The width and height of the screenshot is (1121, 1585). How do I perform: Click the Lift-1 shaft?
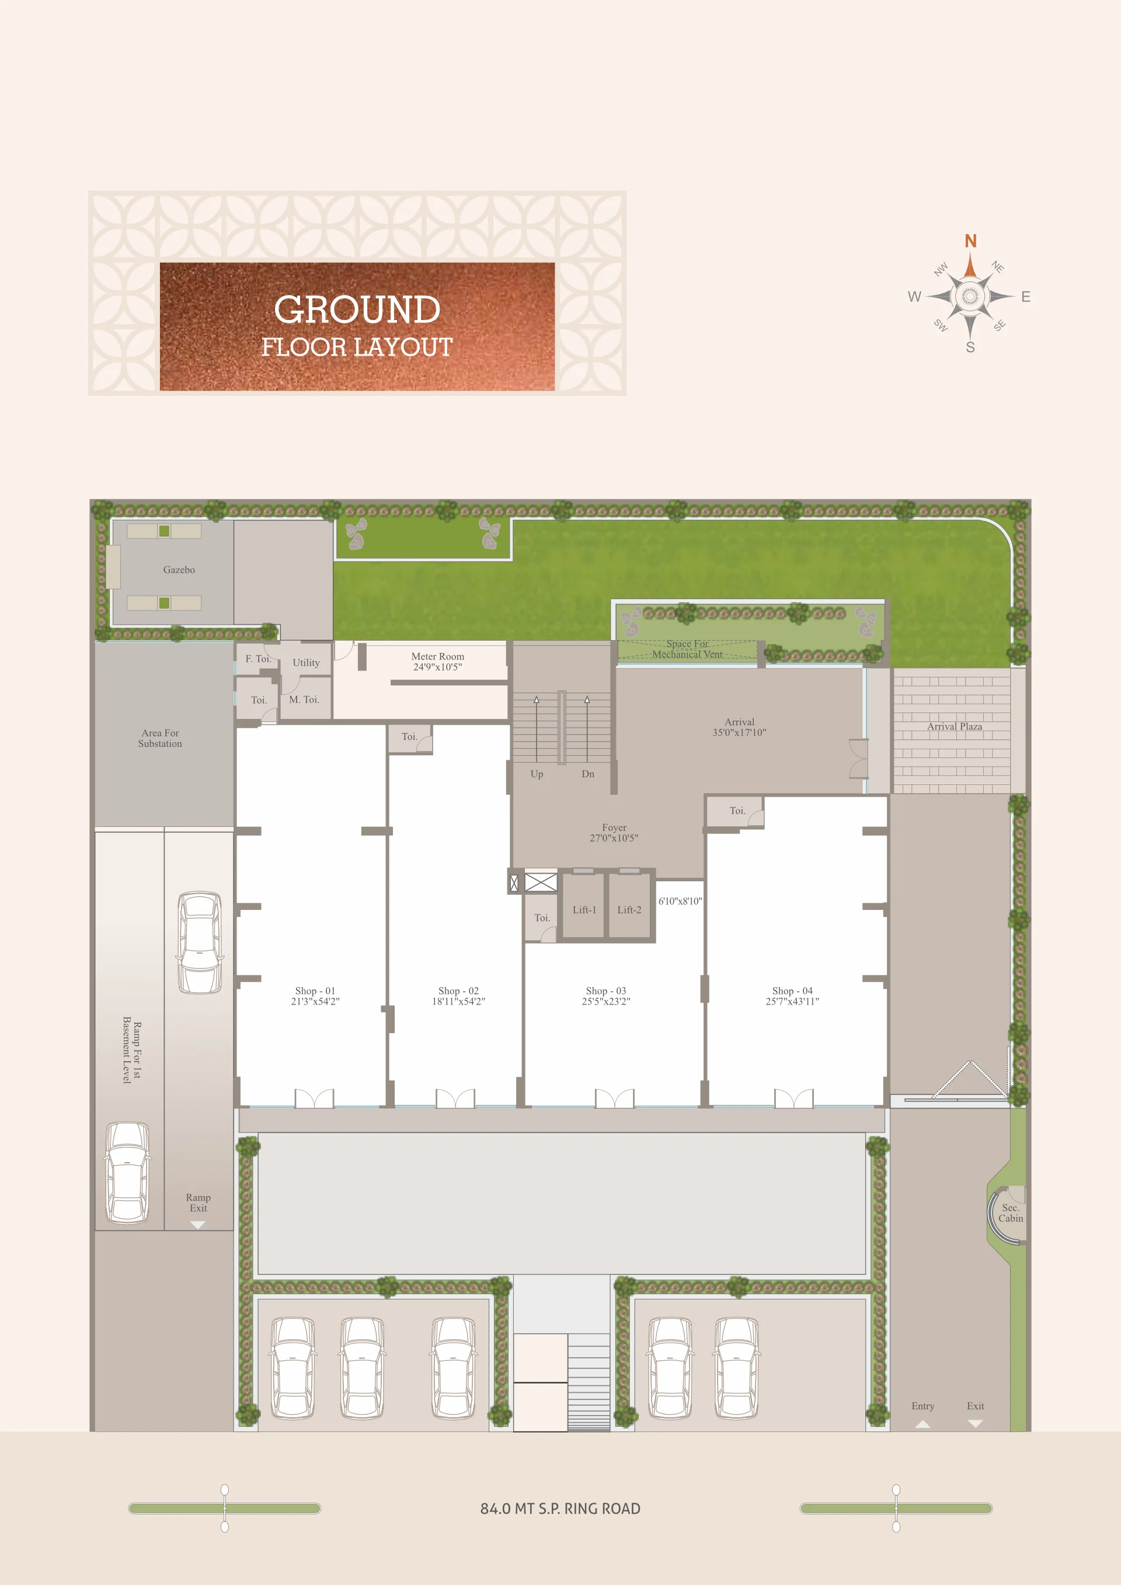(583, 906)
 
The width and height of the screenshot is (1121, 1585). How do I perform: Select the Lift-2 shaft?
(629, 906)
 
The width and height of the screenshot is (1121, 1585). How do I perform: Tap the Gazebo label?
(179, 569)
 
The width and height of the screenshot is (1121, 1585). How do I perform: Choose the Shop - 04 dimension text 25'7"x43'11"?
(792, 1002)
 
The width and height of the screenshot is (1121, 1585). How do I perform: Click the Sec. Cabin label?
(1011, 1213)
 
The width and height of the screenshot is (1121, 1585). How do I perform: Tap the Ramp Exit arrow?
(198, 1225)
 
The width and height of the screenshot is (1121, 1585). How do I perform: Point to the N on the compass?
(970, 241)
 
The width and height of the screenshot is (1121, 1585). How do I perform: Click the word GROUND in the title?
(357, 310)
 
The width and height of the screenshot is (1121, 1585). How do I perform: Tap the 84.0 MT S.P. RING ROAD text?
(560, 1509)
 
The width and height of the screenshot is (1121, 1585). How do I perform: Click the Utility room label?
(306, 663)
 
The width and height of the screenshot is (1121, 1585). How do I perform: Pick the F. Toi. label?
(258, 659)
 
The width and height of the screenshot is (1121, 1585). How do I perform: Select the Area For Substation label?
(160, 739)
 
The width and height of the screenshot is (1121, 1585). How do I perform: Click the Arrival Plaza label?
(955, 727)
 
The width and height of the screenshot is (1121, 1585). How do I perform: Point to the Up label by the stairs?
(537, 774)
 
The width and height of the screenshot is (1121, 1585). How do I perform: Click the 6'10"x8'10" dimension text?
(680, 901)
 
